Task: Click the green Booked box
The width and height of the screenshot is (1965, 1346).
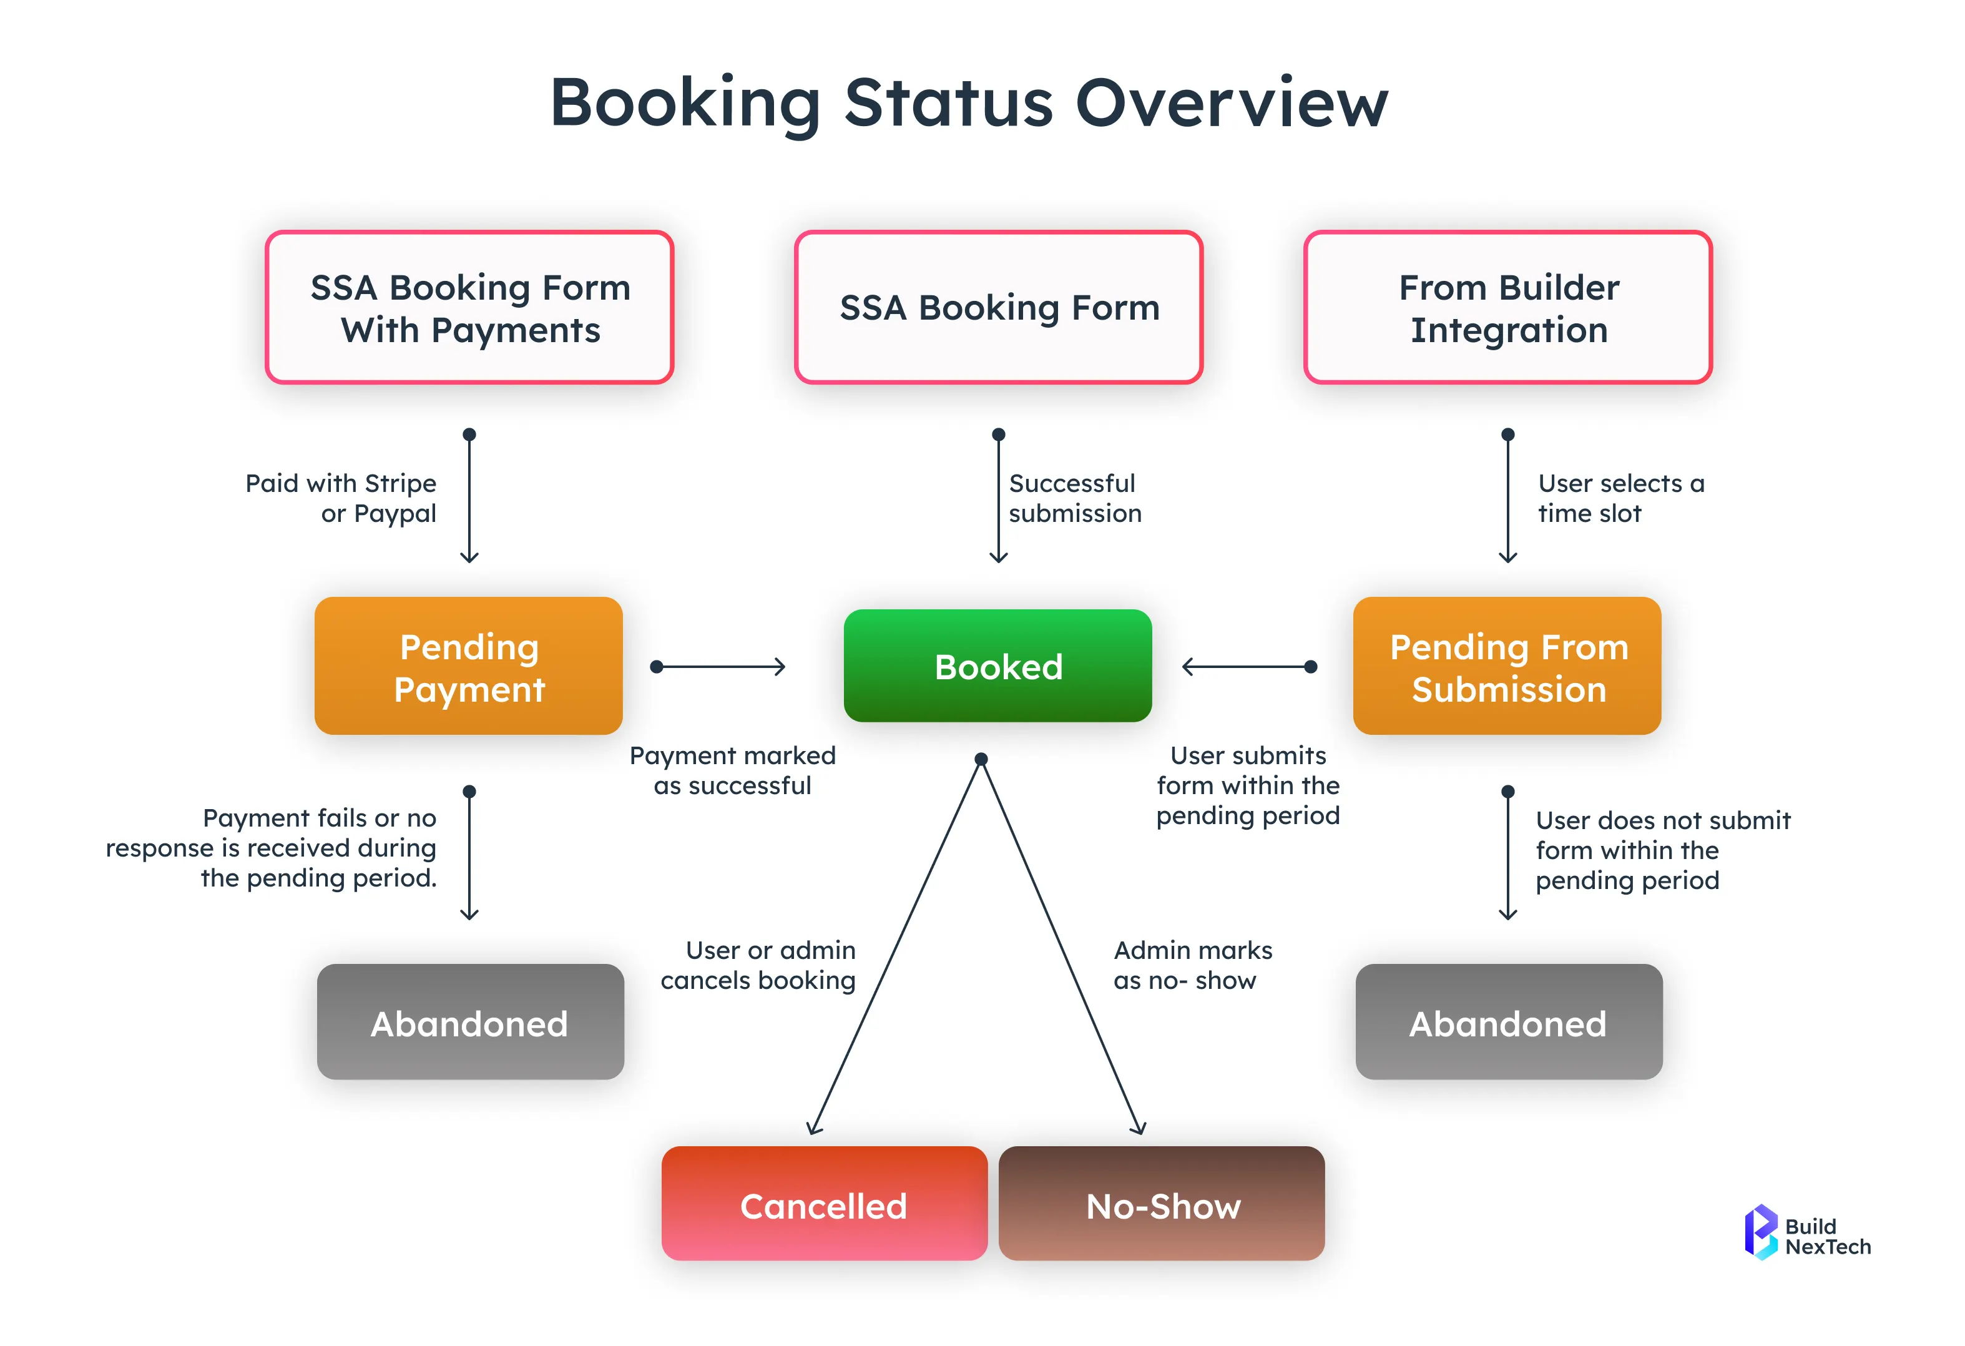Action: pos(997,666)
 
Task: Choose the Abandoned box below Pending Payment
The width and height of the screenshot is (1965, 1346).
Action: pos(470,1021)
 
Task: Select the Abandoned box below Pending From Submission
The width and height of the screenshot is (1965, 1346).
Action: pos(1509,1021)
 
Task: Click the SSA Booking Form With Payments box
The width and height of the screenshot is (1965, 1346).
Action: pos(469,307)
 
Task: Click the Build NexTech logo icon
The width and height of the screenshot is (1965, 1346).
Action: pos(1762,1232)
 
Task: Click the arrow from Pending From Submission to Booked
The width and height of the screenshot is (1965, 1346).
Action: pos(1249,667)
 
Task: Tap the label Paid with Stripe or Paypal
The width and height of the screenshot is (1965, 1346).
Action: pos(341,498)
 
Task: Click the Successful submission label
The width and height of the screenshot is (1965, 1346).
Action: pos(1075,498)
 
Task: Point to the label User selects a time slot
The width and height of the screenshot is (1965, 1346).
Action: pos(1620,498)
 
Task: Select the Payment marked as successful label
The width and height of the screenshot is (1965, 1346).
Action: pos(732,770)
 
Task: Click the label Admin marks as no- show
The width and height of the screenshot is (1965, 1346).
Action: pos(1192,965)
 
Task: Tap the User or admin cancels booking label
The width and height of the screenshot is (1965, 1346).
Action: pos(758,965)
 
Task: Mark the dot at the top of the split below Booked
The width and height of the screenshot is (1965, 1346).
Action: pos(981,759)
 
